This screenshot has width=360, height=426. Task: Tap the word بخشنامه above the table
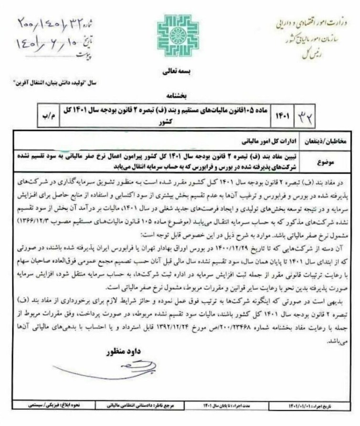click(x=180, y=95)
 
